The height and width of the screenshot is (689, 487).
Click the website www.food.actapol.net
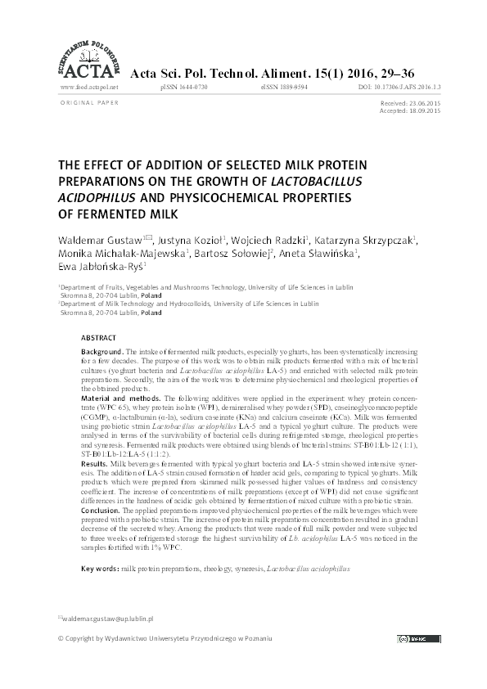89,86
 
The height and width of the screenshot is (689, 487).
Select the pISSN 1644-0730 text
186,86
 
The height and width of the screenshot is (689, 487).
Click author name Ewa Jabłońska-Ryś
98,267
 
